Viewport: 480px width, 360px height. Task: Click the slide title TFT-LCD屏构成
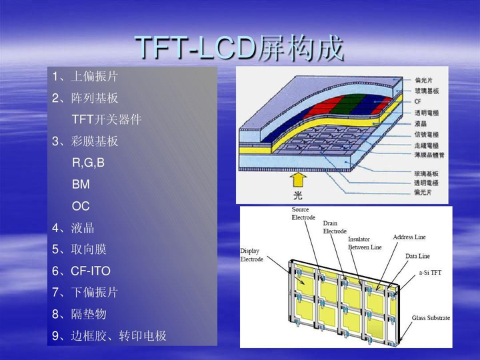(x=239, y=48)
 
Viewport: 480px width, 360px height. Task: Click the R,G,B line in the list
(x=88, y=163)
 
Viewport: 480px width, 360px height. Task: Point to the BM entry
(x=81, y=184)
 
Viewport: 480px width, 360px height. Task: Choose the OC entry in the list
(x=81, y=206)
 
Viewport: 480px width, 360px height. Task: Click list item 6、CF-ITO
(x=81, y=271)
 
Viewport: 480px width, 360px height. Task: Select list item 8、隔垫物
(x=79, y=314)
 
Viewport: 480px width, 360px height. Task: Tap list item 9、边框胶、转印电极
(x=109, y=335)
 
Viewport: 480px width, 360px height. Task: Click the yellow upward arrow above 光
(x=298, y=179)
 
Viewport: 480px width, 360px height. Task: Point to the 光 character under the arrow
(x=298, y=195)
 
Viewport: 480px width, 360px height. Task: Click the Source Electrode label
(x=301, y=213)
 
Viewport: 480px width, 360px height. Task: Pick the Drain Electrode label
(x=335, y=227)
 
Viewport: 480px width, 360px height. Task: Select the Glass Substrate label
(x=431, y=318)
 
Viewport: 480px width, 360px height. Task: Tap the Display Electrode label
(x=252, y=255)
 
